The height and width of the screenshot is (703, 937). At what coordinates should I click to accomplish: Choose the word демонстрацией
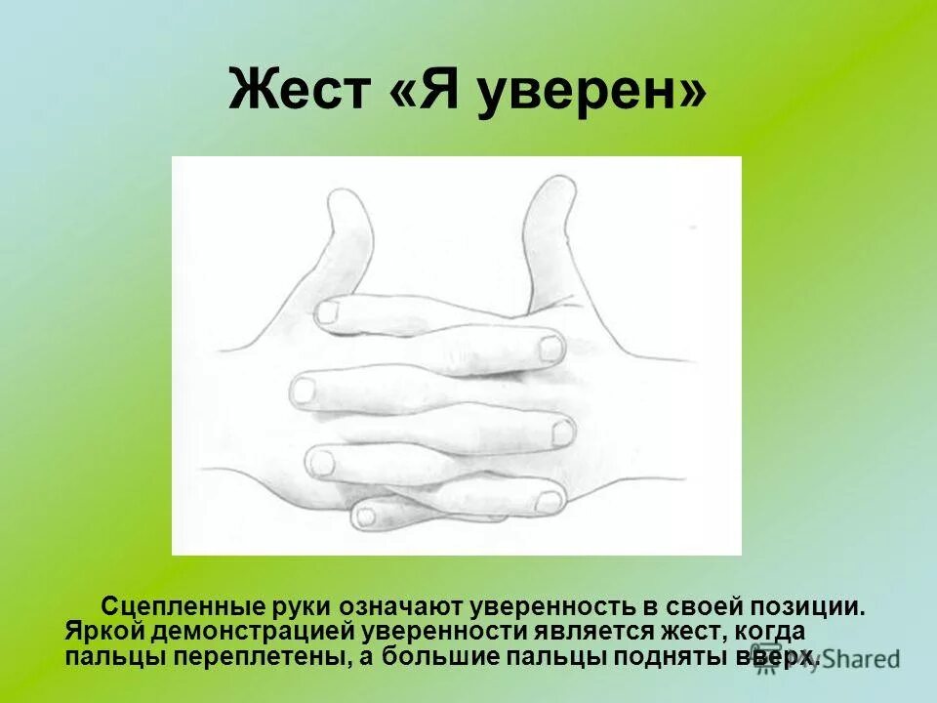pyautogui.click(x=235, y=633)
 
